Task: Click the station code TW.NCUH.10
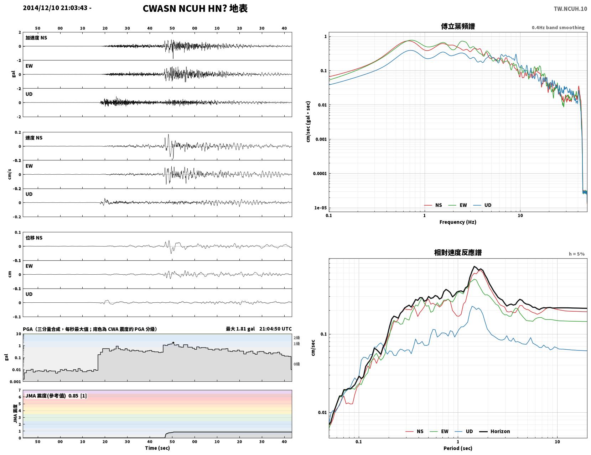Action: pos(570,9)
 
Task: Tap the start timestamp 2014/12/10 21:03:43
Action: pos(55,7)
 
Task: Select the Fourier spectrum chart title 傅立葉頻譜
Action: pos(458,26)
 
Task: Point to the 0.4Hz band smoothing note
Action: pos(558,27)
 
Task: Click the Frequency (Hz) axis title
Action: pos(458,222)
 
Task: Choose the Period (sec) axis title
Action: pos(458,448)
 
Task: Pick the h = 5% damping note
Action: pos(577,254)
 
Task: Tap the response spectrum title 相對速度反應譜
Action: pos(458,253)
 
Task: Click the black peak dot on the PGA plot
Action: pos(173,343)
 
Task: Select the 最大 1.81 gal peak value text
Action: pos(240,329)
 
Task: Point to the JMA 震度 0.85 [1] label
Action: pos(56,396)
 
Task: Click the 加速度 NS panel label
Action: pos(36,38)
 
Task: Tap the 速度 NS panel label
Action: pos(34,138)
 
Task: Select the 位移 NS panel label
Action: pos(34,238)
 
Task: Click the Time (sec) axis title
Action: pos(157,448)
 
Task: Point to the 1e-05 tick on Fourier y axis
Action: pos(320,208)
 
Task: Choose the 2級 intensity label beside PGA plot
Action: pos(296,338)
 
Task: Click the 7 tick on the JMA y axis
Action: pos(20,390)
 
